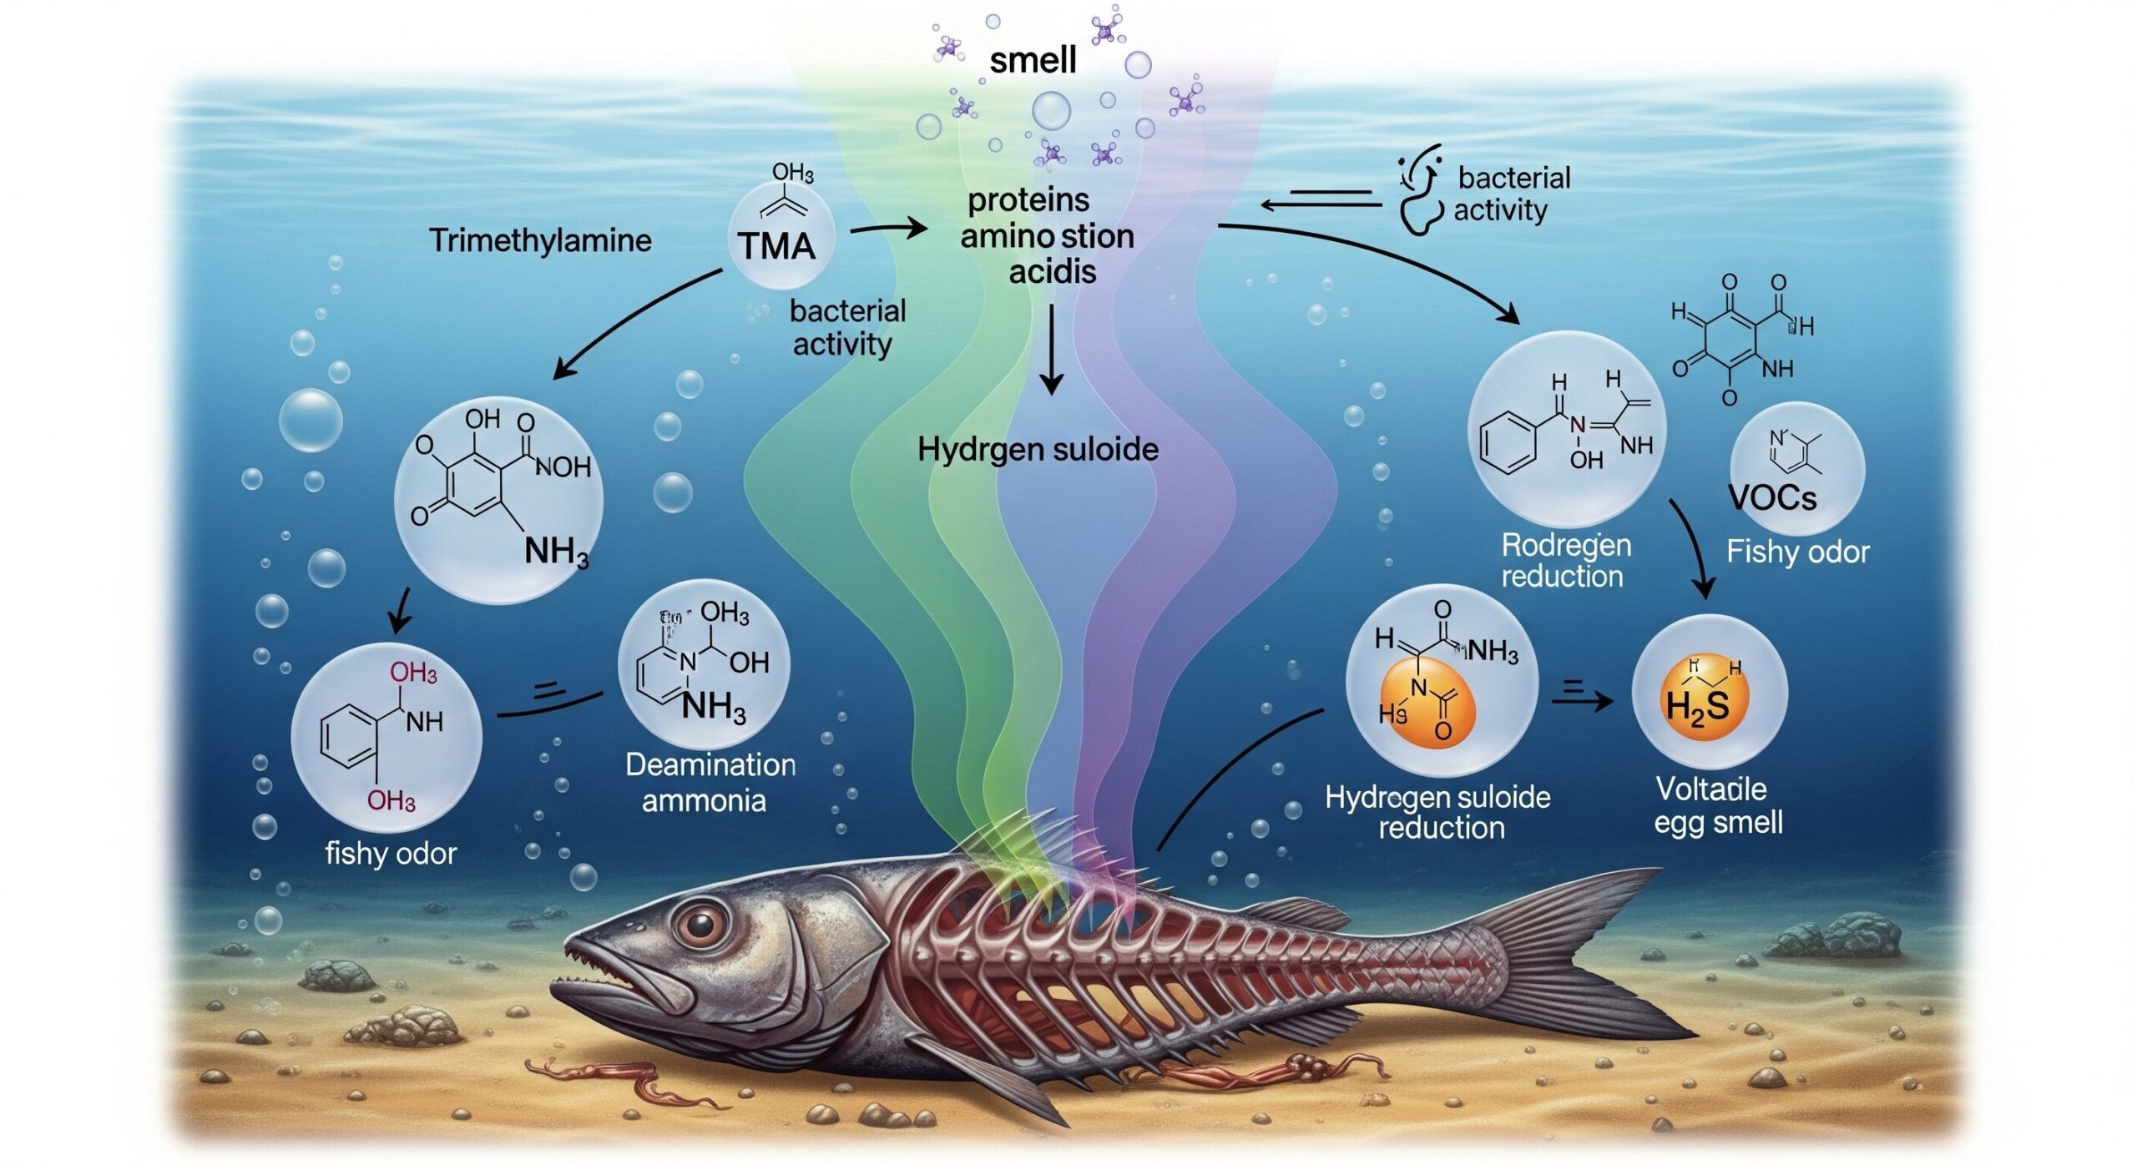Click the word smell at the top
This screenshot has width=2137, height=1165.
pos(1033,60)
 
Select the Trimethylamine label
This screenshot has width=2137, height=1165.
pos(540,240)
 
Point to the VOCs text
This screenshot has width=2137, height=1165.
pos(1771,498)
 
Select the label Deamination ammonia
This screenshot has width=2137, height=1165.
pos(710,782)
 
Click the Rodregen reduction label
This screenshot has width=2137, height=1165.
pos(1565,560)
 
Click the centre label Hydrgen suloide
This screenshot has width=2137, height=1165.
pos(1038,450)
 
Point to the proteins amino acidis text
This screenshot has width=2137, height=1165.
pos(1048,236)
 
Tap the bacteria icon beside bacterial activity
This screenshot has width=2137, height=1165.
pos(1421,197)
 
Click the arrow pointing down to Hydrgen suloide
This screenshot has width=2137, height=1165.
pos(1052,351)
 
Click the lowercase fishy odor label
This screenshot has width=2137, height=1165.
pos(391,854)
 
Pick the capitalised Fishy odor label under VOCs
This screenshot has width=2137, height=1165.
pos(1797,552)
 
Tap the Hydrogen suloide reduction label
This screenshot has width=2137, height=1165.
pos(1438,812)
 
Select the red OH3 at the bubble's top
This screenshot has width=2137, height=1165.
pos(413,673)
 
